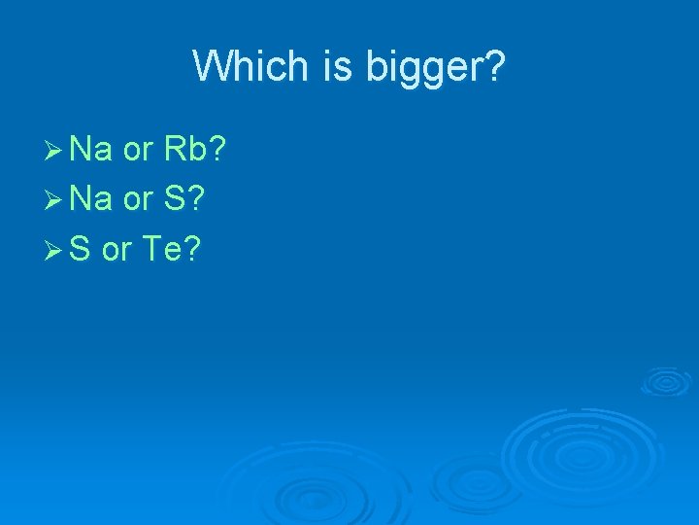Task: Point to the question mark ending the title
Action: coord(495,67)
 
